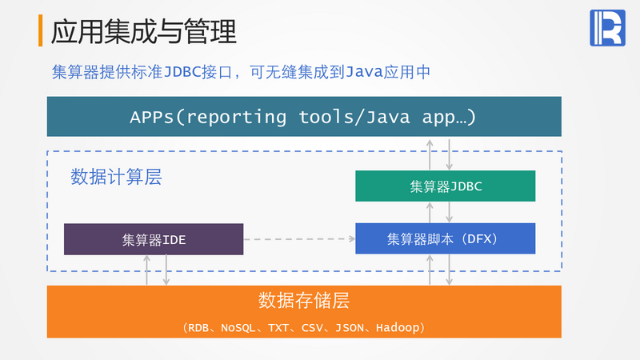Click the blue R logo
tap(607, 28)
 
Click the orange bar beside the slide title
tap(41, 30)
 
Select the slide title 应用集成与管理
tap(144, 31)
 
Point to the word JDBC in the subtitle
tap(182, 72)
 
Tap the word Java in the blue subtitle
tap(364, 72)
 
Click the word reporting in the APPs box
tap(237, 117)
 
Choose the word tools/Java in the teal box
tap(354, 117)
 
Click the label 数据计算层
tap(116, 177)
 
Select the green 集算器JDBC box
tap(446, 186)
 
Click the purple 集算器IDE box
tap(154, 239)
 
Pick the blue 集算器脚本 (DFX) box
tap(446, 238)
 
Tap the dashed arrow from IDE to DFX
tap(299, 238)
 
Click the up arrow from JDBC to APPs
tap(430, 154)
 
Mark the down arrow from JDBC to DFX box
tap(449, 212)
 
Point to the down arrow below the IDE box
tap(166, 270)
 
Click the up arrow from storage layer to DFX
tap(430, 270)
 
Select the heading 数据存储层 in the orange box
tap(304, 301)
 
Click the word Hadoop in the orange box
tap(398, 328)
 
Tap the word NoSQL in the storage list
tap(238, 328)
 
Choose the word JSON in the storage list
tap(350, 328)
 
